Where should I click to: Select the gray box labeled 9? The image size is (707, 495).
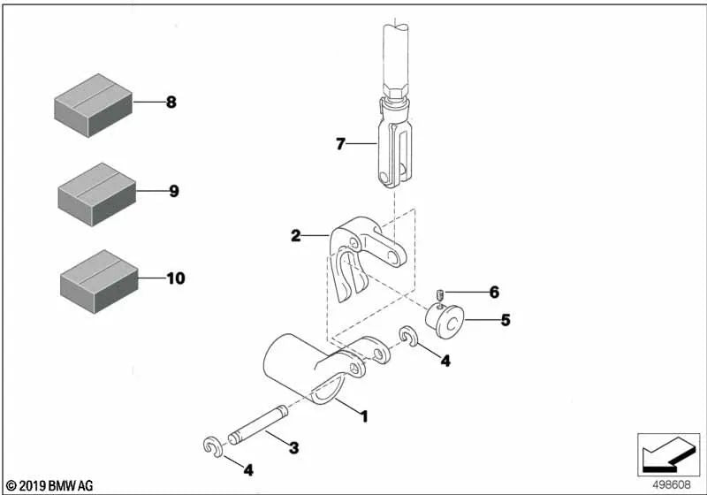[x=95, y=193]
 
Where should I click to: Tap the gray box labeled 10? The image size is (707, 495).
[x=96, y=280]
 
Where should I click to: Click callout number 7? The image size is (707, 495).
[x=340, y=143]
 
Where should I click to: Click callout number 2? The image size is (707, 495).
[x=296, y=236]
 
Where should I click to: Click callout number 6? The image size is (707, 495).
[x=494, y=292]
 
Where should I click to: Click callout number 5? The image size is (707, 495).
[x=505, y=320]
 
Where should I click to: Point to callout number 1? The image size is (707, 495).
[x=362, y=415]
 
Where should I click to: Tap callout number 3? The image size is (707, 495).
[x=293, y=449]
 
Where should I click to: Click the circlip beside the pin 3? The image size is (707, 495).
[x=212, y=446]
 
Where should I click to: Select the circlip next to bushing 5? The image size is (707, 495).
[x=409, y=337]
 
